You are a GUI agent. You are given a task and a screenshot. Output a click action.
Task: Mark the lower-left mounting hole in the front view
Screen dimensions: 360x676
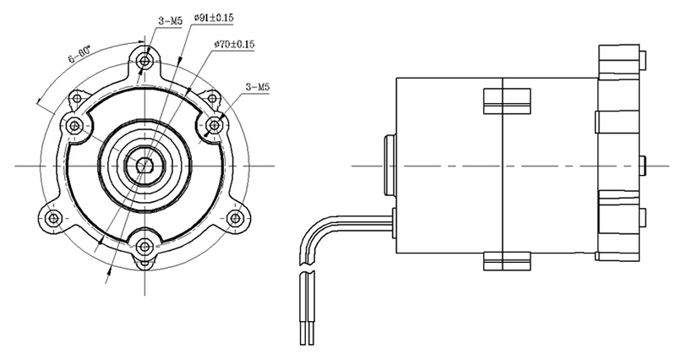click(x=53, y=217)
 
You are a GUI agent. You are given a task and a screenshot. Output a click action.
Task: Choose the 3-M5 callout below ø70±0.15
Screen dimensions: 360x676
click(x=258, y=86)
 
